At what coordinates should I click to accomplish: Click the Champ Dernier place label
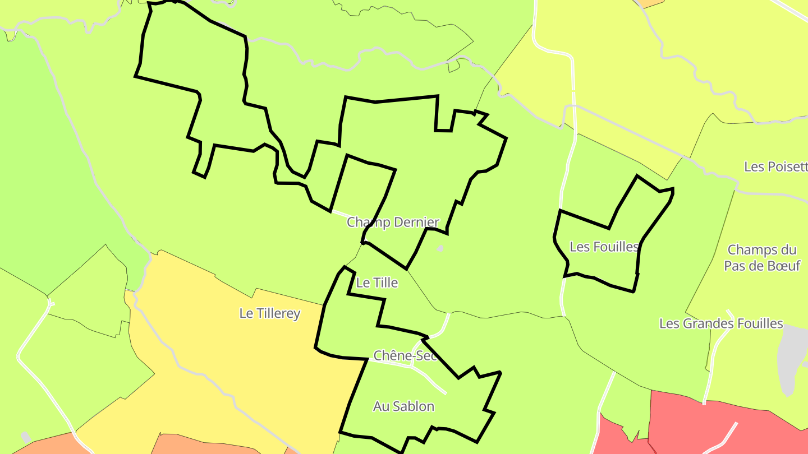[x=393, y=222]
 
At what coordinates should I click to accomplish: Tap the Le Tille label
[x=377, y=283]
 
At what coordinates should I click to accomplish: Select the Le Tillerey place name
[x=269, y=313]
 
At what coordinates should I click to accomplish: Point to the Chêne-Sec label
[x=405, y=355]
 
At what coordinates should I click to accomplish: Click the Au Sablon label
[x=403, y=406]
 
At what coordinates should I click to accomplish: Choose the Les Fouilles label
[x=604, y=247]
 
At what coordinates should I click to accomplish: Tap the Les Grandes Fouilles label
[x=721, y=323]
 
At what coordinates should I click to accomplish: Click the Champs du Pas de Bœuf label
[x=762, y=258]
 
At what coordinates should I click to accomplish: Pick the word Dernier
[x=416, y=222]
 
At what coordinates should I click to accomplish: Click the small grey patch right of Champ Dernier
[x=440, y=248]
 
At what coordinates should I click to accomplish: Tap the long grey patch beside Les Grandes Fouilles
[x=792, y=359]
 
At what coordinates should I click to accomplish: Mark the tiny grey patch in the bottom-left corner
[x=26, y=437]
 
